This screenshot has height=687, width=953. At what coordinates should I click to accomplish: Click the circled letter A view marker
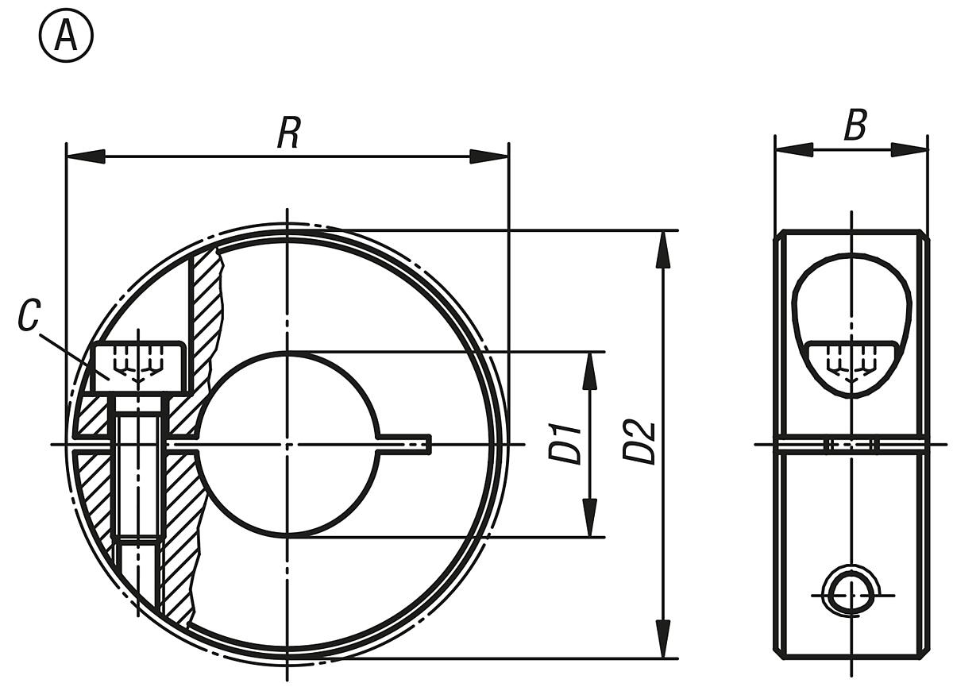(x=65, y=37)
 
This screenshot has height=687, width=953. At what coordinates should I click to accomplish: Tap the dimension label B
(x=855, y=125)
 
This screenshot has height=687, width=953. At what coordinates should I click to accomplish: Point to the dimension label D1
(x=566, y=444)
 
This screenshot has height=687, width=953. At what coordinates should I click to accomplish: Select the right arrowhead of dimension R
(x=489, y=156)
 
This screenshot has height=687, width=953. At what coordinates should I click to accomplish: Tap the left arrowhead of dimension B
(x=793, y=149)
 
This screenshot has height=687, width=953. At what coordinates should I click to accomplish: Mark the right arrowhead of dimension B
(x=909, y=149)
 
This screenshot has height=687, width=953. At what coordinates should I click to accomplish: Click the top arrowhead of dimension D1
(x=589, y=370)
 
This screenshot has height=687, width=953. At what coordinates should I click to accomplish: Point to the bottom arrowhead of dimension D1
(x=589, y=518)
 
